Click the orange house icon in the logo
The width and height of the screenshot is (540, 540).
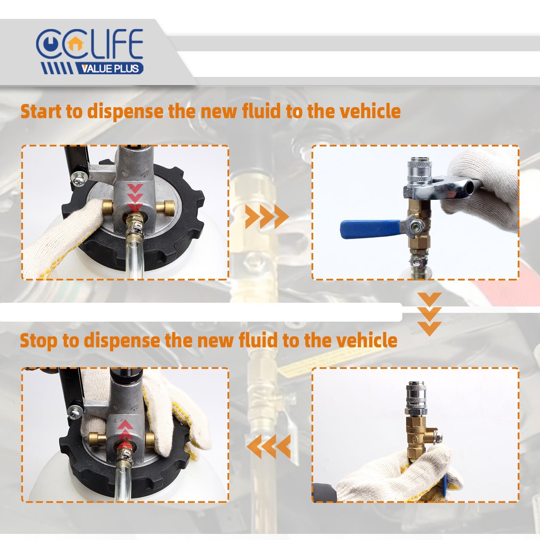click(x=75, y=44)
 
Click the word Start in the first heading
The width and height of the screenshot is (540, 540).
click(x=42, y=111)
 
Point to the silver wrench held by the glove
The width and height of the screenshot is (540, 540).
click(x=442, y=189)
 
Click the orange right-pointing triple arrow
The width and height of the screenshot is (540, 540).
click(x=267, y=216)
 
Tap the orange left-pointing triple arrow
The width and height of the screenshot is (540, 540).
click(x=269, y=446)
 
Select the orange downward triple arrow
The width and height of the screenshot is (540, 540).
click(x=429, y=314)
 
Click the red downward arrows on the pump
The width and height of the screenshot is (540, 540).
click(x=135, y=197)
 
